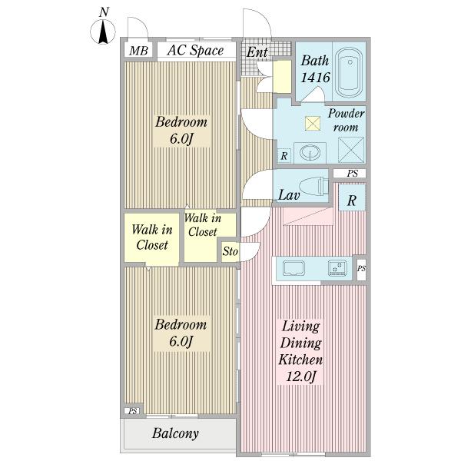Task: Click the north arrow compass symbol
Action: [x=103, y=32]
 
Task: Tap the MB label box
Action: [x=138, y=51]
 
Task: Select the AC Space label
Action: [x=195, y=50]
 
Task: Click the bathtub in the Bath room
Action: [x=350, y=71]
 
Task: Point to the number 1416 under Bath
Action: [x=315, y=78]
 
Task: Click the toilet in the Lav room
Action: [x=313, y=186]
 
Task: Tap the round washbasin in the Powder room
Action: [x=310, y=153]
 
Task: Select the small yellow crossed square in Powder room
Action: [x=312, y=123]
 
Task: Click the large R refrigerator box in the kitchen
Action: [x=352, y=197]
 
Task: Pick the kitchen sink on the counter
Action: [x=294, y=268]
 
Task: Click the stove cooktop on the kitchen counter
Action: [x=337, y=268]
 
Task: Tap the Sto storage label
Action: [x=230, y=251]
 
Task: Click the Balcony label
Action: [x=175, y=433]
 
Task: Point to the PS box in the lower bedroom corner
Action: [x=132, y=411]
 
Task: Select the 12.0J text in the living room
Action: [x=300, y=376]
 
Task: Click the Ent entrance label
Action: [x=257, y=52]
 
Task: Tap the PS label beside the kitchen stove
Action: [x=361, y=268]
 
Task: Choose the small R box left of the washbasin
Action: [x=284, y=155]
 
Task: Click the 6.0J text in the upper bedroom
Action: [x=181, y=138]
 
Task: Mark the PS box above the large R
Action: [x=350, y=174]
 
